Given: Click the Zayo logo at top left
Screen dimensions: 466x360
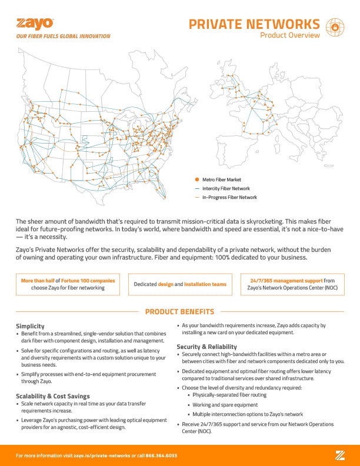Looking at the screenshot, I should point(35,24).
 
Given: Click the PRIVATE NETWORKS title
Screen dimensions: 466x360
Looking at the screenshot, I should point(254,24).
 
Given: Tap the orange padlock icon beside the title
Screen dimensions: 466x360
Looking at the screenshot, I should point(334,26).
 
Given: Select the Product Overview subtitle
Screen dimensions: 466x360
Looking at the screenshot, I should point(290,35).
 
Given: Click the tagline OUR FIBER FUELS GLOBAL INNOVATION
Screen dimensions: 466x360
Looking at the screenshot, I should point(63,36).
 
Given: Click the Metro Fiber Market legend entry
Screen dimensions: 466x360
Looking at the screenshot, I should point(221,179).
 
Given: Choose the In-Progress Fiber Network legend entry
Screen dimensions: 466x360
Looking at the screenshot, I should point(229,198).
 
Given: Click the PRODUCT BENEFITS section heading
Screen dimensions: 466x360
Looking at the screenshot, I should point(179,312).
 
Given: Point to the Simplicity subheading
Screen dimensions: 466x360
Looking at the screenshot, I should point(31,326).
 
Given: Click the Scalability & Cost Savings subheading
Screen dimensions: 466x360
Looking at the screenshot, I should point(52,396).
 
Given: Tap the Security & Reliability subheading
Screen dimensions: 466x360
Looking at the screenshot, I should point(206,347).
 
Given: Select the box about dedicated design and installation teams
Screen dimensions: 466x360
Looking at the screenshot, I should point(180,284).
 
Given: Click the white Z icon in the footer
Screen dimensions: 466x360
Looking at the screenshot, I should point(340,454).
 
